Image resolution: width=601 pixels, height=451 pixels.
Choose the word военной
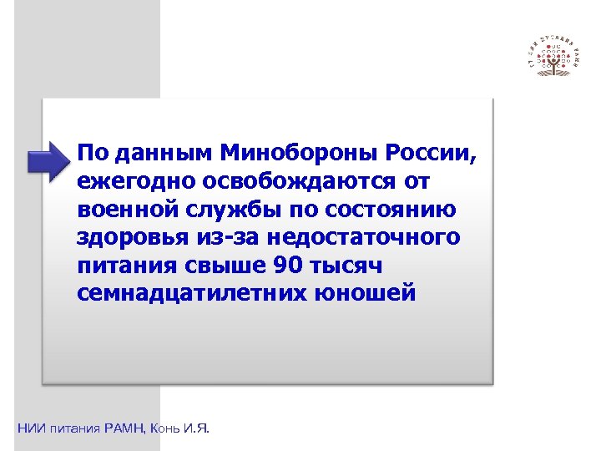click(126, 209)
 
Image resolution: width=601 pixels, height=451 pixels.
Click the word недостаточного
click(365, 237)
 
